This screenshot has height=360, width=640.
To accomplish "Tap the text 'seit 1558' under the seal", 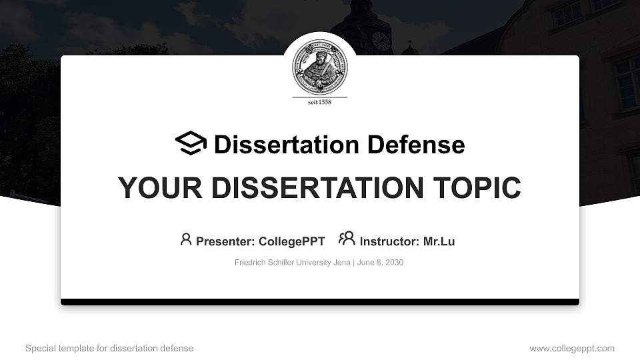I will point(320,102).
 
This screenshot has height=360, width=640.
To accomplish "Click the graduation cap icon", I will point(191,143).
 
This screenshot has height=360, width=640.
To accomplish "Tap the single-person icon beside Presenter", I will point(186,239).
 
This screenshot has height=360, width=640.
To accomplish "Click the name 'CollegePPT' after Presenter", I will point(291,241).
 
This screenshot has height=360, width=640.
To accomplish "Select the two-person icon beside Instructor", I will point(347,238).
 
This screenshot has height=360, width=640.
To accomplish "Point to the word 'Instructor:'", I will point(390,241).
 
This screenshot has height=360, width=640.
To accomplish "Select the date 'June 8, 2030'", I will point(380,263).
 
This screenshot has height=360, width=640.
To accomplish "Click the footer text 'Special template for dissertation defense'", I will point(109,348).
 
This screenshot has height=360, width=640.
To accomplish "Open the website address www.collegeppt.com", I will point(572,348).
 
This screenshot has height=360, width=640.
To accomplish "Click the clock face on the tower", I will point(381,41).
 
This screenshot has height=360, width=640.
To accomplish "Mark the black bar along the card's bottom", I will point(320,302).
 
